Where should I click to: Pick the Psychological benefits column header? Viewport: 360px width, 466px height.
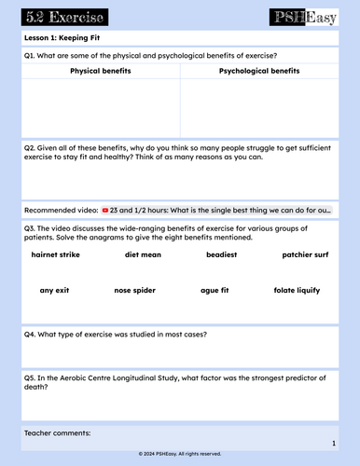click(x=259, y=71)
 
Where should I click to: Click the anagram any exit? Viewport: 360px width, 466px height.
click(x=55, y=290)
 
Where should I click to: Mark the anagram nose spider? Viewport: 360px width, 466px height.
click(x=138, y=290)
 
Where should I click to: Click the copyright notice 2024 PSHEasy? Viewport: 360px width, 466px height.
click(x=179, y=454)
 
